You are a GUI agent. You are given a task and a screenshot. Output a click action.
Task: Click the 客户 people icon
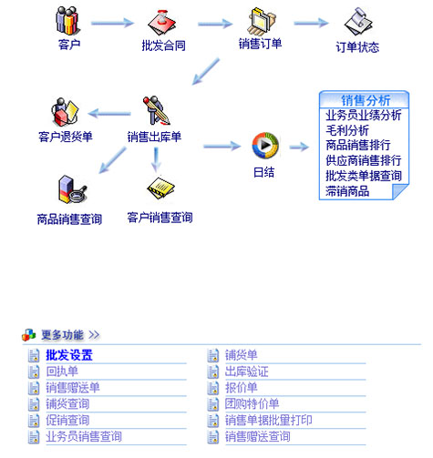point(67,20)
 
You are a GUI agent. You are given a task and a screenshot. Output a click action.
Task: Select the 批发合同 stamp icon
point(162,23)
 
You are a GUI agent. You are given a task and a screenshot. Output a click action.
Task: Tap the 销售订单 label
point(260,44)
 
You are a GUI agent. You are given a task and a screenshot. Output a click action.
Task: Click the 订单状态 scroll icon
point(358,22)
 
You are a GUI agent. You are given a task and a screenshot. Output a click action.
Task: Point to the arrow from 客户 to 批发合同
point(112,23)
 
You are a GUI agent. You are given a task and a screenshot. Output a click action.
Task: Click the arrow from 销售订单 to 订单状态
point(311,23)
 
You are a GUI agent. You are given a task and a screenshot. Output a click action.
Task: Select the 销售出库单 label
point(154,137)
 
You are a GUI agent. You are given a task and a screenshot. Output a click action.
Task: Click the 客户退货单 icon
point(65,112)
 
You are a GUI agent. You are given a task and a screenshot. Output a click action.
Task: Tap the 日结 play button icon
point(265,146)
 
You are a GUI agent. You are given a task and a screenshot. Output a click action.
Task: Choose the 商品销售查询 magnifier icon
point(72,189)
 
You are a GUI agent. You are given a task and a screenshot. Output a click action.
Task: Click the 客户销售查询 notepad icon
point(160,188)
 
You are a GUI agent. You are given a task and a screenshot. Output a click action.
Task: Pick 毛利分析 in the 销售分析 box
point(347,130)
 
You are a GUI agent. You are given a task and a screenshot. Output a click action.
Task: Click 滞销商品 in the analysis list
point(347,191)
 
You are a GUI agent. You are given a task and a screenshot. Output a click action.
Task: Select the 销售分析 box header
point(365,99)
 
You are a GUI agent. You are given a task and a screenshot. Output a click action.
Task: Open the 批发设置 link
point(69,355)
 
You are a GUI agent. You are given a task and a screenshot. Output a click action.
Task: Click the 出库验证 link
point(247,371)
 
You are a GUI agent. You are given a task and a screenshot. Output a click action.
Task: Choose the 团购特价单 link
point(252,404)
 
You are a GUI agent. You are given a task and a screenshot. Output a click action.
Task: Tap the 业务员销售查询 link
point(84,436)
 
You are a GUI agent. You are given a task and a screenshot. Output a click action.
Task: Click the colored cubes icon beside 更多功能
point(29,335)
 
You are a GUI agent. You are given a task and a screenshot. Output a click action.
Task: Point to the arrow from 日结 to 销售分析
point(299,148)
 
